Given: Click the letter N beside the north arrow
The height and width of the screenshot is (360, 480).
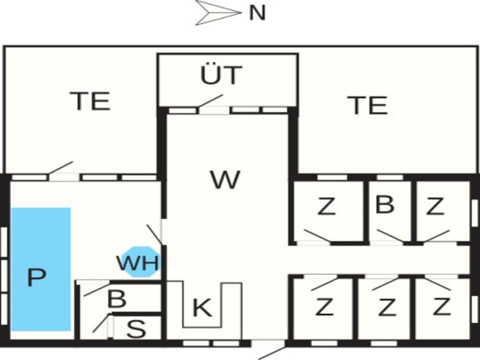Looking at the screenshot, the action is coord(257,13).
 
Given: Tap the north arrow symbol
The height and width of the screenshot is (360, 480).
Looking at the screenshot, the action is coord(218,12).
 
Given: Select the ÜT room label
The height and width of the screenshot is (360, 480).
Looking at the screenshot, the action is coord(221,74).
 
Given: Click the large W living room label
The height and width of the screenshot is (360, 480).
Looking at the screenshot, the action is coord(225,179).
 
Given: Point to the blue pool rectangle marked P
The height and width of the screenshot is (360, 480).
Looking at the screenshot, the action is coord(41,269).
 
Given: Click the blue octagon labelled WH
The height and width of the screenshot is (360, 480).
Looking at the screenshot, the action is coord(140,261).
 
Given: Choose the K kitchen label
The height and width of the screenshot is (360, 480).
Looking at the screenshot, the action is coord(202,307).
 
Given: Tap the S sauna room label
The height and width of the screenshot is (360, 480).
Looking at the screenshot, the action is coord(136,329).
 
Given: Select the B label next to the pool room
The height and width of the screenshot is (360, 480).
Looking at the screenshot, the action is coord(116,299).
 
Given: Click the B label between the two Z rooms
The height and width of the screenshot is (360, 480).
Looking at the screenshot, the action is coord(385,204).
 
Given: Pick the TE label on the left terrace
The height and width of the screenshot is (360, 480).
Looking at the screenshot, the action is coord(89,101).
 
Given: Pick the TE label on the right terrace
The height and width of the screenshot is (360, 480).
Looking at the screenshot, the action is coord(367,105).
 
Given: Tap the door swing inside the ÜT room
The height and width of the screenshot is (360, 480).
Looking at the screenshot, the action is coord(210,101).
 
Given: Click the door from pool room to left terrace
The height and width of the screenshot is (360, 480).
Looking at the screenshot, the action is coord(60,168).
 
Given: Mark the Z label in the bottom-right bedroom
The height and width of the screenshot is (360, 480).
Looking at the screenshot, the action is coord(441,306).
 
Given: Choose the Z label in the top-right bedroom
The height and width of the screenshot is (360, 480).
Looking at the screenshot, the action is coord(435,206).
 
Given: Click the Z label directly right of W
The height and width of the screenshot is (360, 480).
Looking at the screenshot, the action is coord(326,206).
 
